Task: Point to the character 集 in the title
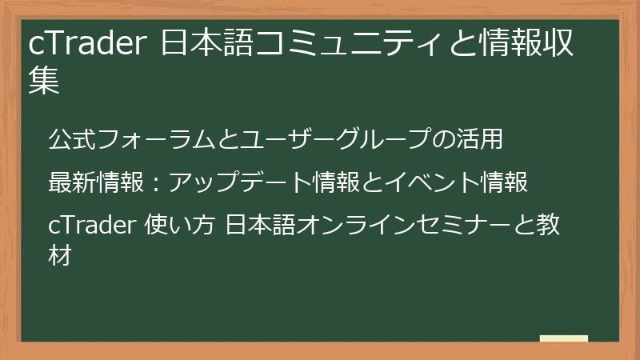click(44, 82)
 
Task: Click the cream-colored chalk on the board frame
click(563, 339)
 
